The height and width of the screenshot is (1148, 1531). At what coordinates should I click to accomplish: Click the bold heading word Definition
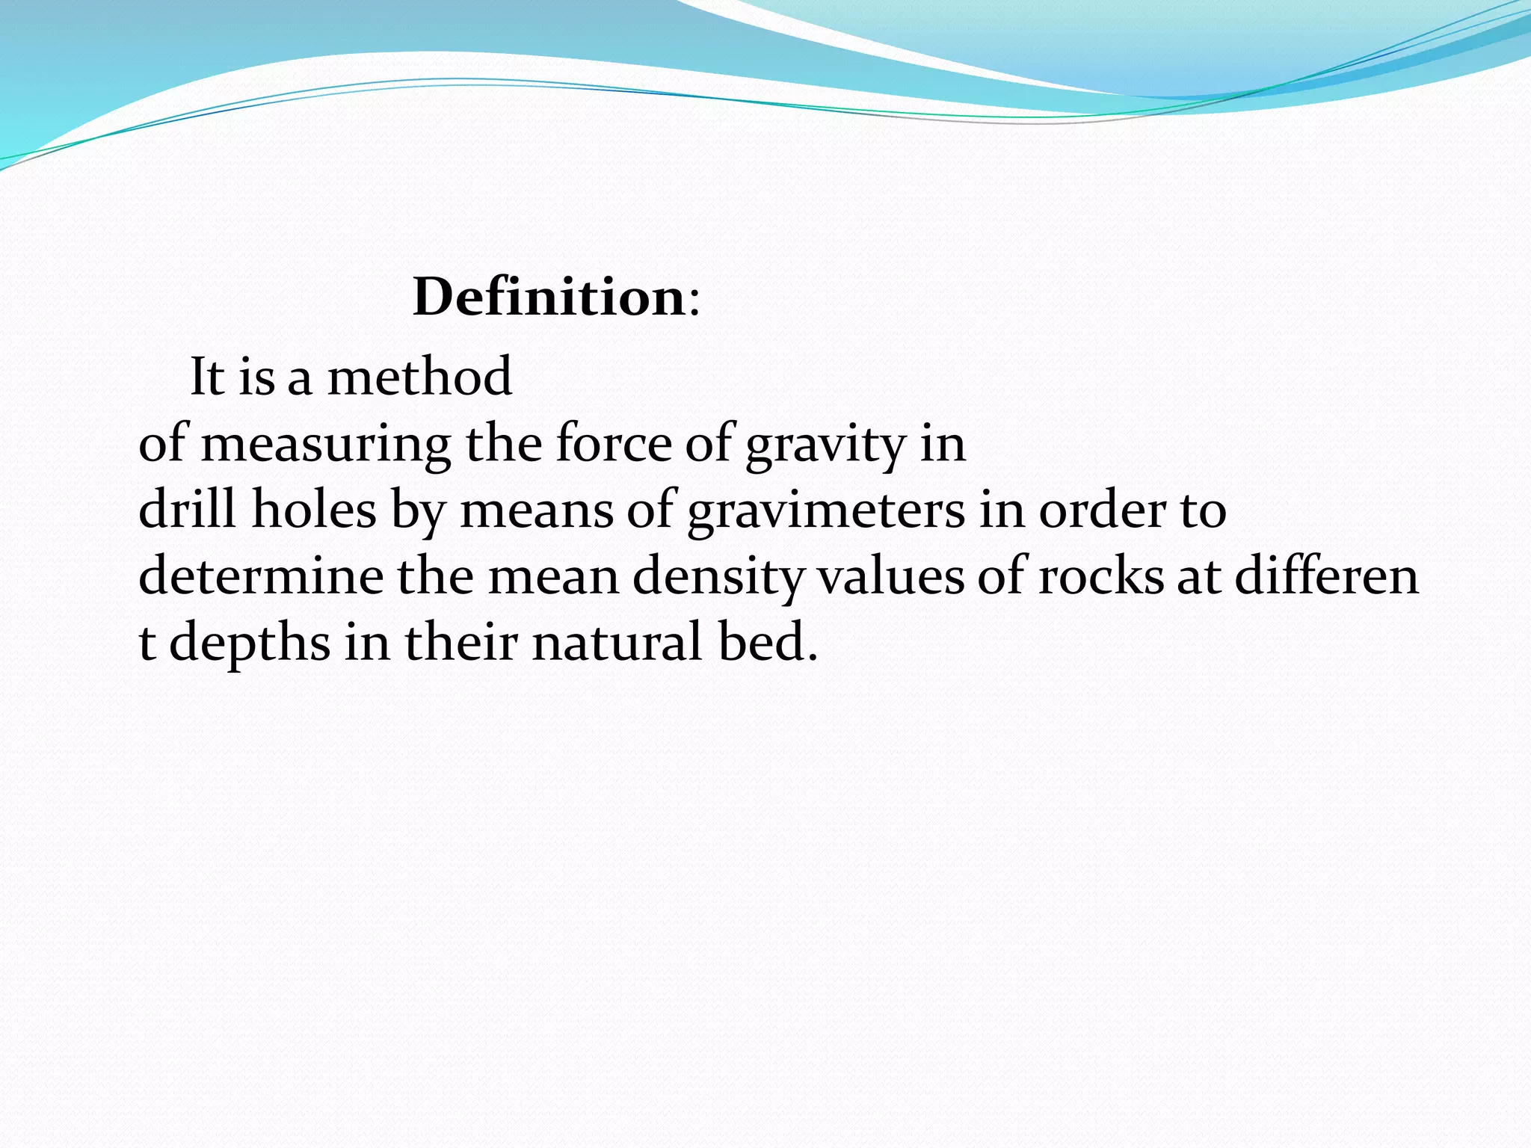pos(549,297)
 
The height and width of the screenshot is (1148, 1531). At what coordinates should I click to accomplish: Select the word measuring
pos(325,445)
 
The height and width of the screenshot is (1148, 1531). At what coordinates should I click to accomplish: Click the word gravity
pos(825,446)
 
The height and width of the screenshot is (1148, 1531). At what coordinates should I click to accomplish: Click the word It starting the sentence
pos(207,377)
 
